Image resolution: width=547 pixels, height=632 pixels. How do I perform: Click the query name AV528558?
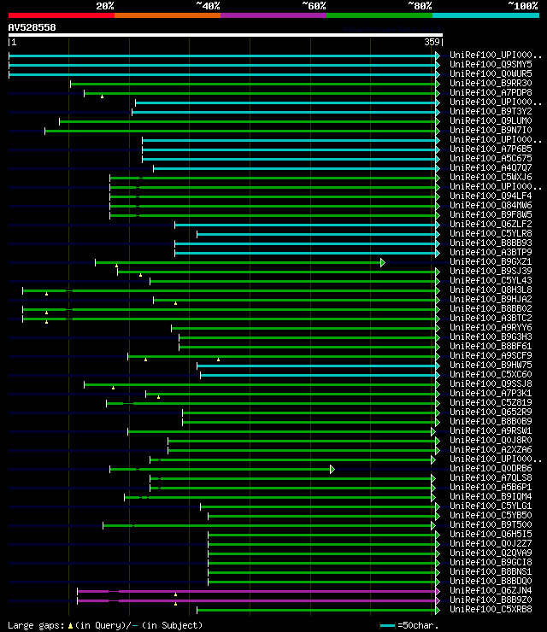32,27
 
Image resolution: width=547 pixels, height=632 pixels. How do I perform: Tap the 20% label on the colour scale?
105,6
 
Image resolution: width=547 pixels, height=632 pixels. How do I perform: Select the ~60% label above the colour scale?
314,6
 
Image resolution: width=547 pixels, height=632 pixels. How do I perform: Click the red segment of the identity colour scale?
61,15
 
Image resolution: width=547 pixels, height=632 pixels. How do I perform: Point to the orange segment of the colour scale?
167,15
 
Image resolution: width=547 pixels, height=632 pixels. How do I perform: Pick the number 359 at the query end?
432,41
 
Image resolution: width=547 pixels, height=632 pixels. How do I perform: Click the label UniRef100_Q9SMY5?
491,64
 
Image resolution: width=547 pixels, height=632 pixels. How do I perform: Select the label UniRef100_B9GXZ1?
491,261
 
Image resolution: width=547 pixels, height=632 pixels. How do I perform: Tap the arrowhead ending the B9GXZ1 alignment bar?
383,261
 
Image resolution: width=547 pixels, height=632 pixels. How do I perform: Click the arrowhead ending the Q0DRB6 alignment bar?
332,468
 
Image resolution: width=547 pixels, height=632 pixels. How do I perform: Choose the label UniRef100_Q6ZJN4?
491,590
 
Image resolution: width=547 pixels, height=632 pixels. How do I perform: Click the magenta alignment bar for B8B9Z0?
256,600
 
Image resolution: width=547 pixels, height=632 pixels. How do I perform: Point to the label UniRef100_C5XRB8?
491,609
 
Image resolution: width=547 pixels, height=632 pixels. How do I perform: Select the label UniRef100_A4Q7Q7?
491,167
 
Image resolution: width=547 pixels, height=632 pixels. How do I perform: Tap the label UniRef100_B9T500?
491,524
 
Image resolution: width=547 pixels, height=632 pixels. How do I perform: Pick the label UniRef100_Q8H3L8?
491,290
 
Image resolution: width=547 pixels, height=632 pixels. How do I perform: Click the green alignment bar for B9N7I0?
239,130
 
